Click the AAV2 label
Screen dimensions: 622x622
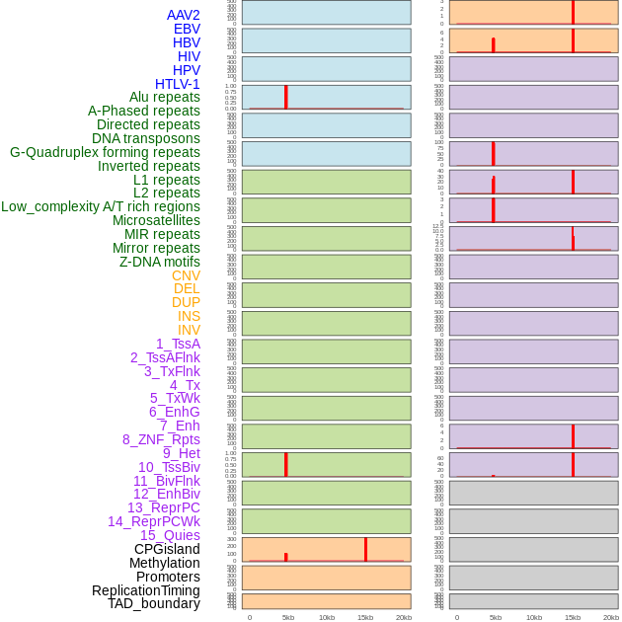point(183,15)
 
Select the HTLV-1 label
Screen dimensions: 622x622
point(177,84)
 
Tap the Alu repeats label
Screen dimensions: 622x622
point(164,97)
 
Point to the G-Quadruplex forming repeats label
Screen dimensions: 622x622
point(105,152)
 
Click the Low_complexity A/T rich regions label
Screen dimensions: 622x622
point(101,206)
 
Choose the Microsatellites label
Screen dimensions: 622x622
point(156,220)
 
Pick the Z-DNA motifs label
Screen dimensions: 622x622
point(159,262)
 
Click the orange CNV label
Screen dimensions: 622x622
point(186,275)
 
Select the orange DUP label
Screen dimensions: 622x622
point(186,302)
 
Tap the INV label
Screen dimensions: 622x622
point(189,330)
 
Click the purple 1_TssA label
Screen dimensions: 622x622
point(178,344)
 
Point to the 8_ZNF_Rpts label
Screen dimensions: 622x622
point(161,439)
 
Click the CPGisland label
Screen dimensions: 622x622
point(167,549)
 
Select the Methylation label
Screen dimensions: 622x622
point(164,563)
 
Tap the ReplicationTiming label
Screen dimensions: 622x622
point(145,590)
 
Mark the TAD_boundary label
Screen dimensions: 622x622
point(153,603)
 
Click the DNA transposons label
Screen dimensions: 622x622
point(146,138)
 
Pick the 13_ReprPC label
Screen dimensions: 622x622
point(163,507)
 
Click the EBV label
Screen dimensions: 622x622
point(187,29)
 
